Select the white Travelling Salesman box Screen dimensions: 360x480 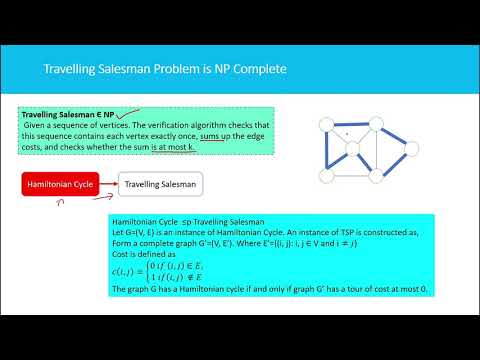[x=160, y=183]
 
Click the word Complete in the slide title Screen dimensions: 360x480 [x=256, y=70]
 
